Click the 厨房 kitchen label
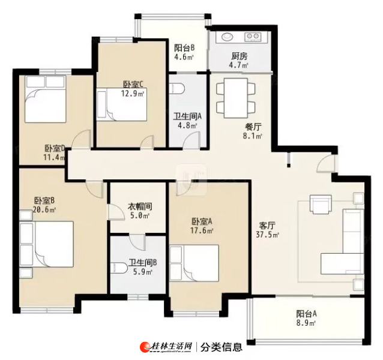tap(239, 56)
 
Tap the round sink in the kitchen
tap(228, 37)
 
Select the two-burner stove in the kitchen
tap(253, 37)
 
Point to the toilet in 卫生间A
tap(177, 88)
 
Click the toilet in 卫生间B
tap(119, 268)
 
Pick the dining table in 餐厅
tap(236, 98)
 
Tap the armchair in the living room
tap(321, 204)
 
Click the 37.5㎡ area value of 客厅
tap(268, 235)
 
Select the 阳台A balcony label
tap(306, 314)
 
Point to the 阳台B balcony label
tap(184, 48)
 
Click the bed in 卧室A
tap(194, 263)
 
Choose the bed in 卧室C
tap(122, 104)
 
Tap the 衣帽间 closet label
tap(140, 207)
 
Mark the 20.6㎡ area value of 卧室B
tap(44, 209)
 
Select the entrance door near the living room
tap(325, 163)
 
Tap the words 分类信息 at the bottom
tap(222, 347)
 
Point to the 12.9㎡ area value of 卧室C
tap(133, 94)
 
